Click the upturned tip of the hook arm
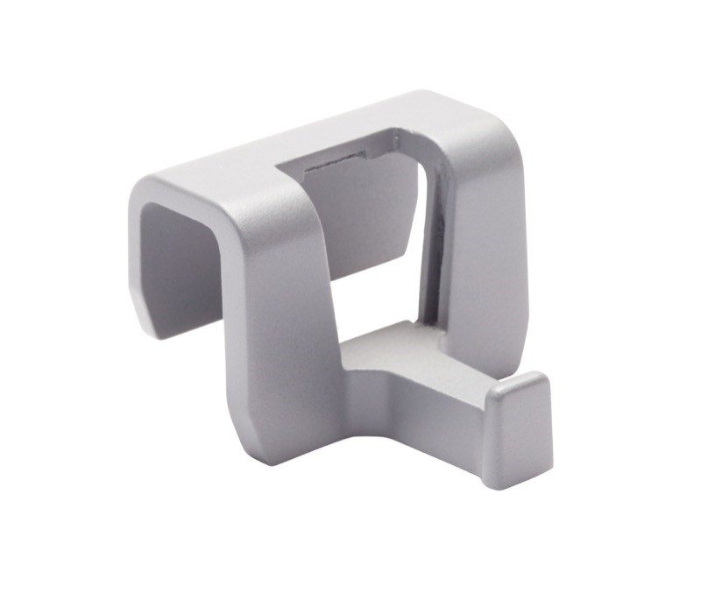click(519, 420)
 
